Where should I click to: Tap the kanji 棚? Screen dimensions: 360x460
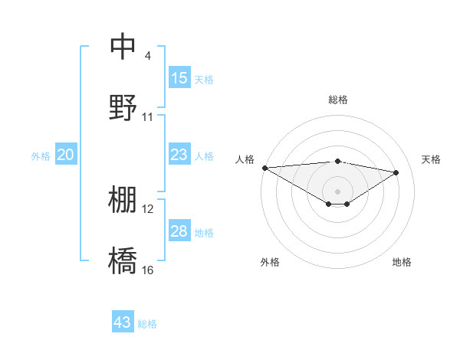click(x=123, y=200)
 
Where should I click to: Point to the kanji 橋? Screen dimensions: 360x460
click(x=123, y=261)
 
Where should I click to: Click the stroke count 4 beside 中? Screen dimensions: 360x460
click(x=147, y=55)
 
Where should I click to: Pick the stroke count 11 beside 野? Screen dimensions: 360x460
click(x=148, y=117)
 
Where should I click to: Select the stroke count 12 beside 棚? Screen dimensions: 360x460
click(x=148, y=209)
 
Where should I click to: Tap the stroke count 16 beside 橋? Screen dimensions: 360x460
click(x=148, y=270)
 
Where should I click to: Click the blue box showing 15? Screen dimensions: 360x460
click(x=179, y=78)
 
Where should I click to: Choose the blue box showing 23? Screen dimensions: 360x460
click(x=179, y=155)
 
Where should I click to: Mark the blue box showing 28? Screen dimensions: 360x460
click(x=179, y=231)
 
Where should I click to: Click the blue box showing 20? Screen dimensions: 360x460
click(x=65, y=155)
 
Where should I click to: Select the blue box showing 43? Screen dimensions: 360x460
click(x=123, y=322)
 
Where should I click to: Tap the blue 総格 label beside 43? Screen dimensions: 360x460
click(x=147, y=324)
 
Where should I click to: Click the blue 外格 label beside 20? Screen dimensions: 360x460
click(x=41, y=156)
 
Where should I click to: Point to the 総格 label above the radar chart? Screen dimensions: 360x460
click(x=337, y=100)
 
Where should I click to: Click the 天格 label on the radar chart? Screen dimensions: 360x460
click(x=431, y=159)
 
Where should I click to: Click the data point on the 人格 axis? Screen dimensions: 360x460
click(x=264, y=168)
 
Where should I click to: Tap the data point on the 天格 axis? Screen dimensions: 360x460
click(x=396, y=172)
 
